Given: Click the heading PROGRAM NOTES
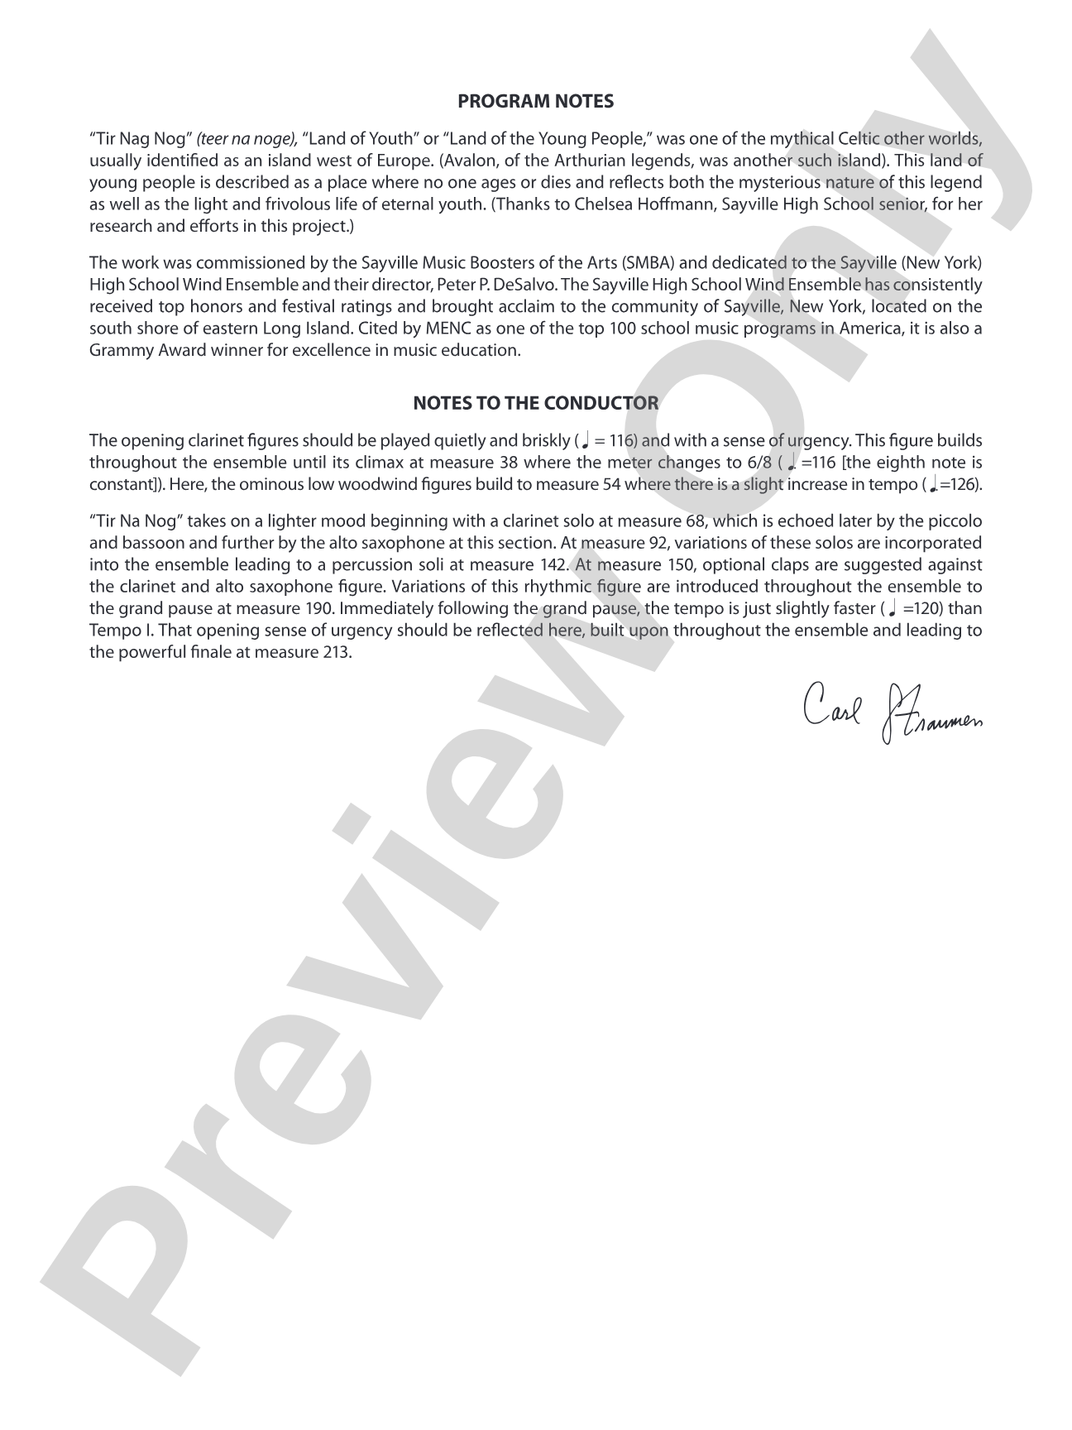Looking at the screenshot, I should [535, 102].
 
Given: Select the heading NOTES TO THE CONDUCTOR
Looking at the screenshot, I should [535, 403].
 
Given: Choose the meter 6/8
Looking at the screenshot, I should [756, 462].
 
